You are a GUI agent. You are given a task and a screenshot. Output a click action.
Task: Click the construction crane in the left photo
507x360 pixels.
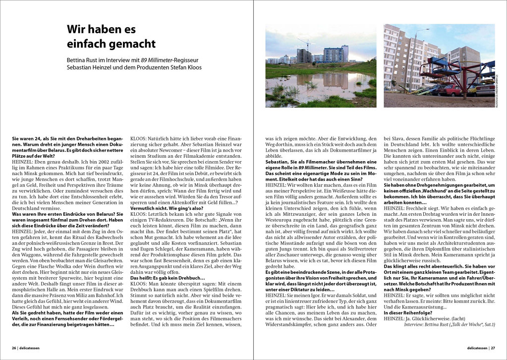click(x=306, y=45)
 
